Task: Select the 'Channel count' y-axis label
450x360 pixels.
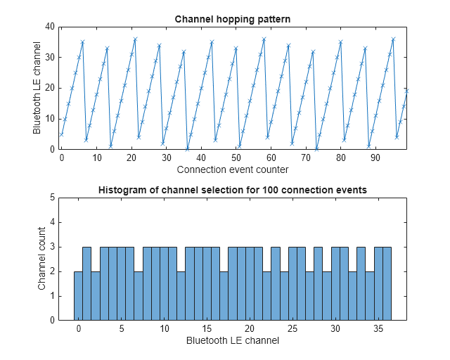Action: pyautogui.click(x=41, y=259)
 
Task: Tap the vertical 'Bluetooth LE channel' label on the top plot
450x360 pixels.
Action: pyautogui.click(x=37, y=88)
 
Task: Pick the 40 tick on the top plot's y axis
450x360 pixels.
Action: pyautogui.click(x=50, y=27)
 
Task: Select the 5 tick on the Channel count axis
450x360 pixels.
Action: pyautogui.click(x=52, y=198)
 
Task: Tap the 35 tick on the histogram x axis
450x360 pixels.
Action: pyautogui.click(x=378, y=329)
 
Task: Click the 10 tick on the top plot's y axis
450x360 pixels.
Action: pyautogui.click(x=50, y=119)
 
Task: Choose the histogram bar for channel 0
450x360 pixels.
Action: pyautogui.click(x=78, y=295)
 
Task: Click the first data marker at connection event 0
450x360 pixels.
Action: pyautogui.click(x=62, y=134)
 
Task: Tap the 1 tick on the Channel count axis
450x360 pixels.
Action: pyautogui.click(x=52, y=296)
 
